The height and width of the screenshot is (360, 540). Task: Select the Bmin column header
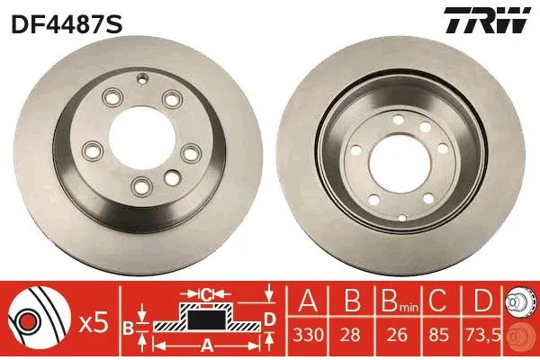point(395,298)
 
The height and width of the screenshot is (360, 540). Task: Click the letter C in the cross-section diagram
point(205,293)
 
